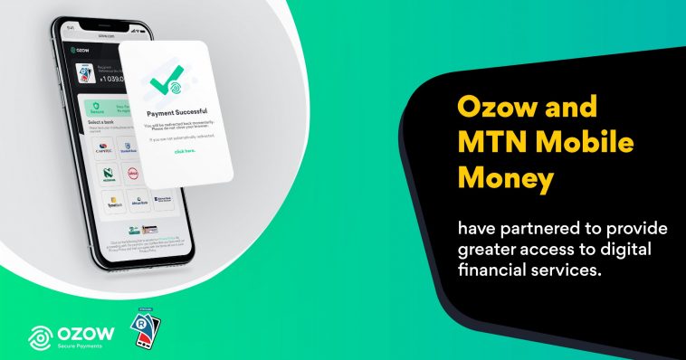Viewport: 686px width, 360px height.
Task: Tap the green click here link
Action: [x=185, y=151]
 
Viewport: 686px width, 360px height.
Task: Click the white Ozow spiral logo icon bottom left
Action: [x=41, y=336]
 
